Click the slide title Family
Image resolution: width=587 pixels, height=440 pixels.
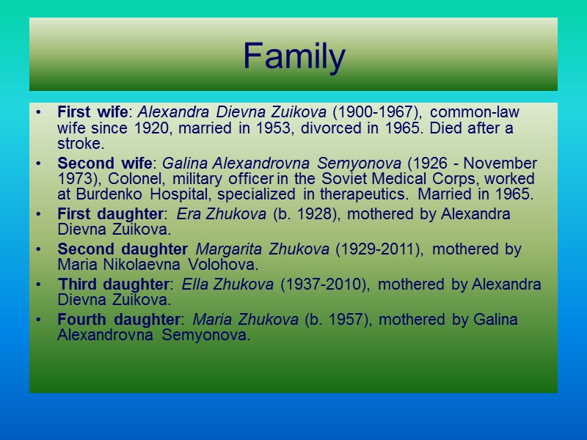tap(293, 57)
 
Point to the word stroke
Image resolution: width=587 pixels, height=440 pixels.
tap(80, 144)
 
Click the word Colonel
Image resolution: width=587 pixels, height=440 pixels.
tap(137, 179)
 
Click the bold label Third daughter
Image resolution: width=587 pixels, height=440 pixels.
tap(113, 285)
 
